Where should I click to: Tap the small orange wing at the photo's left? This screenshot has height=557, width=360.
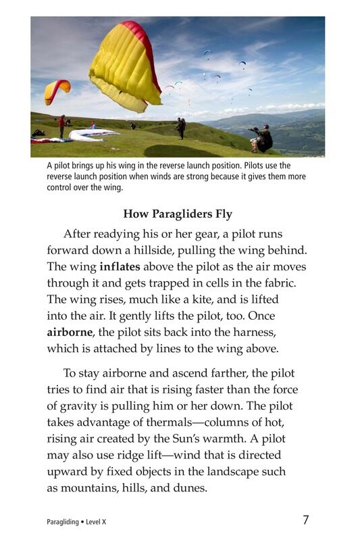(57, 89)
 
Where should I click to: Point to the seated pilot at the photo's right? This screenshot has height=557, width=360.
(262, 138)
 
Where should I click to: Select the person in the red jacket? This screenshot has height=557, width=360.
(62, 126)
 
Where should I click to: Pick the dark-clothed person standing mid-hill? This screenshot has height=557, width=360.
(180, 127)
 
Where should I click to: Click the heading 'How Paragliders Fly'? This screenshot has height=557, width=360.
(178, 214)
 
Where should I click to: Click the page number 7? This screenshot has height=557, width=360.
(305, 520)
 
